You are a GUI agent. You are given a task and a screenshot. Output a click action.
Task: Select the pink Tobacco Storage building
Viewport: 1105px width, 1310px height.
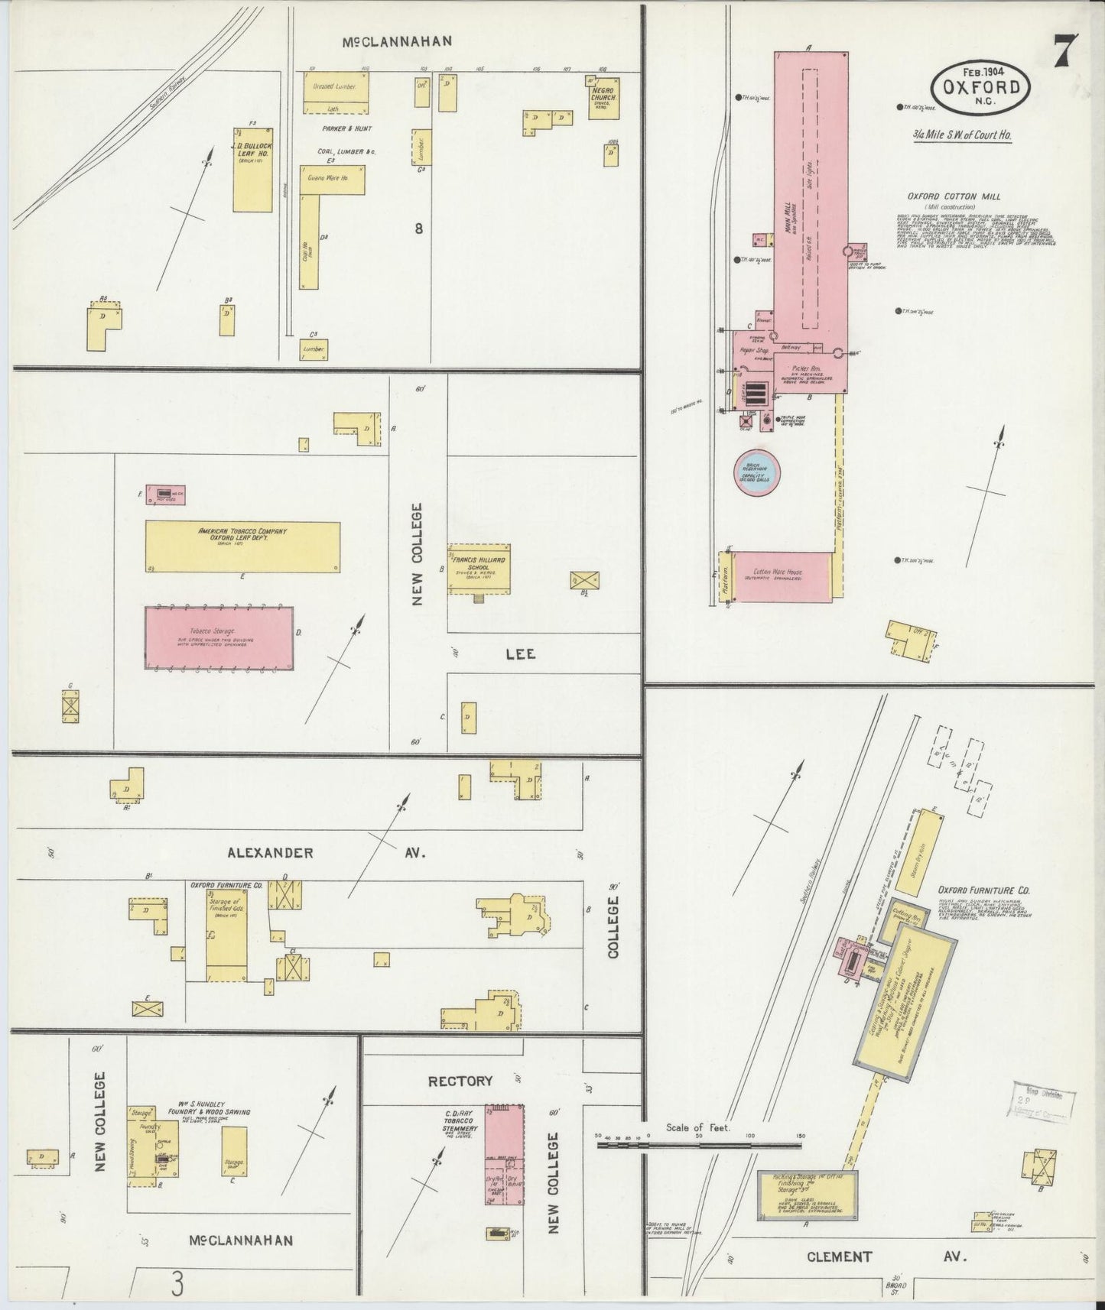coord(219,639)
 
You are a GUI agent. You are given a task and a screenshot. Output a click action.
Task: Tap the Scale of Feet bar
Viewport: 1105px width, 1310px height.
coord(700,1145)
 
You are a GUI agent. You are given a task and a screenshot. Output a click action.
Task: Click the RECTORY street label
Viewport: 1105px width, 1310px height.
coord(460,1081)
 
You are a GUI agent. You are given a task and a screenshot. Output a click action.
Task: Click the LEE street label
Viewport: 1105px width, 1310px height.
coord(519,653)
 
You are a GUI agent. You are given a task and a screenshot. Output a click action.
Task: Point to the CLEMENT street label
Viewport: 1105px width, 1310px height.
coord(838,1256)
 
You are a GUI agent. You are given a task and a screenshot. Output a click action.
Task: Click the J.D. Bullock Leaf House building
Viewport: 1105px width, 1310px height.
coord(252,166)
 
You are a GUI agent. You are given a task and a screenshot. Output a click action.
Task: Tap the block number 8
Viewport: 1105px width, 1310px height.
coord(418,227)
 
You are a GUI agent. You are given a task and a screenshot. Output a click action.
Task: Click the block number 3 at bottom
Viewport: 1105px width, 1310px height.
coord(177,1285)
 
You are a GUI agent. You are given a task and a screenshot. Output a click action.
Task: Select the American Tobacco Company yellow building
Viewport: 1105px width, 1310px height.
coord(242,546)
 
